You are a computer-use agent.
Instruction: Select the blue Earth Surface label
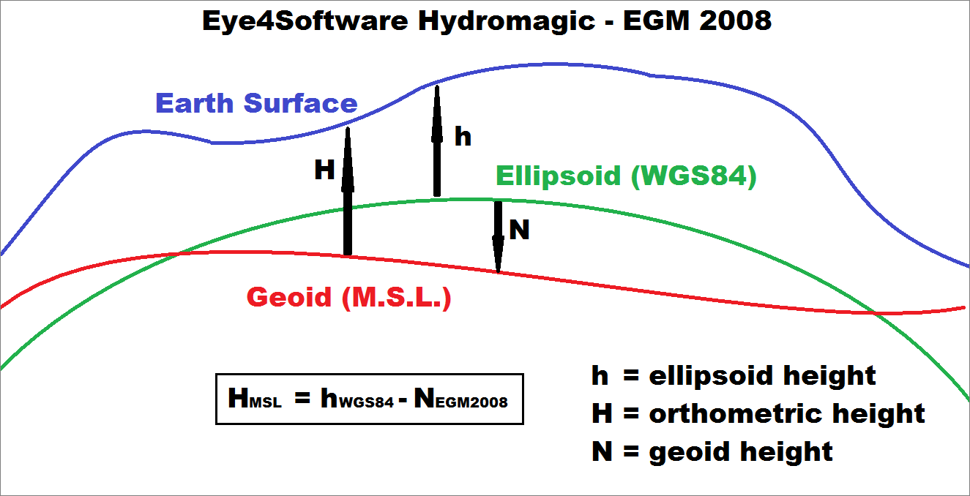point(256,103)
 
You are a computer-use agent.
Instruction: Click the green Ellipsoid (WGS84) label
point(626,176)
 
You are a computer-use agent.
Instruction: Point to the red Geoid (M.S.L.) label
point(349,298)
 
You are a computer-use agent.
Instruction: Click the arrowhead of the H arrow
point(348,159)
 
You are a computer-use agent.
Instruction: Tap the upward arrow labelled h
point(437,140)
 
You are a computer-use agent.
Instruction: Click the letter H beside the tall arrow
point(324,170)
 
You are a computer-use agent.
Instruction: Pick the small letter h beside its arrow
point(463,136)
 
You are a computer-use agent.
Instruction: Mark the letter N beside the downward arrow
point(519,230)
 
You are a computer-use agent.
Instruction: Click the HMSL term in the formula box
point(255,398)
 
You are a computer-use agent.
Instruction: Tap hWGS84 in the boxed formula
point(357,398)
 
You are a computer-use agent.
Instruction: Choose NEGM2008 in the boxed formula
point(460,398)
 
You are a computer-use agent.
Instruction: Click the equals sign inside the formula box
point(302,397)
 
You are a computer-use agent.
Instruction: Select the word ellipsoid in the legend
point(711,376)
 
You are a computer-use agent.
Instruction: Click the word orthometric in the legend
point(735,413)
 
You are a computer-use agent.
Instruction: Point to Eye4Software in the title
point(305,20)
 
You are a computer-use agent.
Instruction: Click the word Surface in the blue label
point(301,103)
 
